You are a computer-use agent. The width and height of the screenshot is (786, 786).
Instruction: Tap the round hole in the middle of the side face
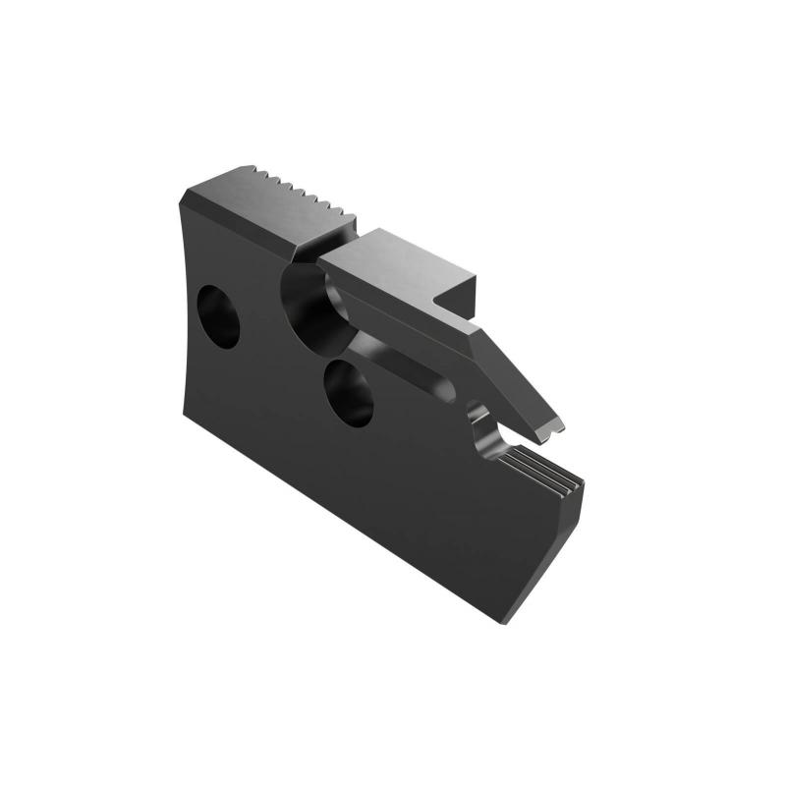point(350,391)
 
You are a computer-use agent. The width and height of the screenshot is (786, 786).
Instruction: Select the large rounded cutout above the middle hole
point(312,300)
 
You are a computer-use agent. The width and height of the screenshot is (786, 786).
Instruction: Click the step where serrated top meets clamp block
point(339,236)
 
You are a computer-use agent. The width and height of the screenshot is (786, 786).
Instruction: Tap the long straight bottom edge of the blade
point(344,516)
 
